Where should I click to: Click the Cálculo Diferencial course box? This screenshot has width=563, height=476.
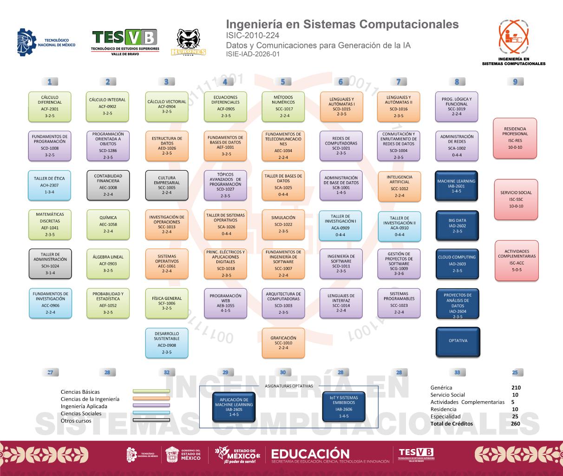pos(50,106)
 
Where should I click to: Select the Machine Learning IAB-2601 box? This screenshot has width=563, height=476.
pos(458,186)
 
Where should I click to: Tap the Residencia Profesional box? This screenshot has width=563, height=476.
pos(515,138)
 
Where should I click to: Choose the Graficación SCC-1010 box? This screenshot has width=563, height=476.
pos(283,343)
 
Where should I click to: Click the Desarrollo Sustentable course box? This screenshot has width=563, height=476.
pos(167,343)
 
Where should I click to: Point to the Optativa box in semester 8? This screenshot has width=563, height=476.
pos(458,341)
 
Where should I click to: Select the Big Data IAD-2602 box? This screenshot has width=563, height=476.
pos(458,225)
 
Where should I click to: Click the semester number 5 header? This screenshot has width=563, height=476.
pos(283,82)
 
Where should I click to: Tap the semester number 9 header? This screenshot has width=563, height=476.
pos(515,82)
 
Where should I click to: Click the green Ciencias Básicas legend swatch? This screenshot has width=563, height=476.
pos(151,391)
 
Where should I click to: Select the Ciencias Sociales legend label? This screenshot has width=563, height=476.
pos(81,413)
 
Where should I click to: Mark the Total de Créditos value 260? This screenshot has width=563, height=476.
pos(515,423)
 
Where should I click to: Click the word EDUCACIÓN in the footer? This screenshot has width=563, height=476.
pos(310,454)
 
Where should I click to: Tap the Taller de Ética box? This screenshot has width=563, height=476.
pos(50,185)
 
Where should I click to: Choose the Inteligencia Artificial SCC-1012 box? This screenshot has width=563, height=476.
pos(399,186)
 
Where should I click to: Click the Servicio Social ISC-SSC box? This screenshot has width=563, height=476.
pos(516,199)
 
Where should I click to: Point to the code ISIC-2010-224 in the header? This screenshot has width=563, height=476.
pos(253,35)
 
